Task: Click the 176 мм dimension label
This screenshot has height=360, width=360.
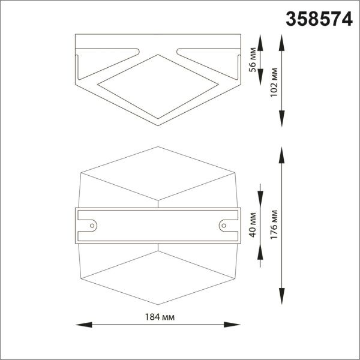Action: [275, 225]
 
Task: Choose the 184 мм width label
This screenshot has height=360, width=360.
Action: [157, 316]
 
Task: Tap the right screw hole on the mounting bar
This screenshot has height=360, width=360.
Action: [224, 226]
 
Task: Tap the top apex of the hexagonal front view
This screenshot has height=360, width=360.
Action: [158, 147]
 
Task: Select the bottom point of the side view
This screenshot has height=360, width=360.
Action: [158, 125]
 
